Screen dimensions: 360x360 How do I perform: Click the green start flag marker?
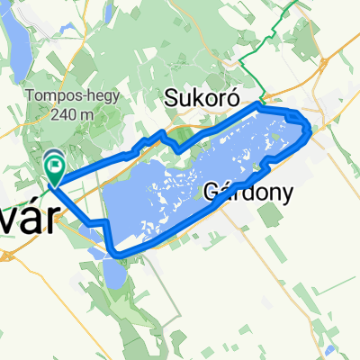[x=55, y=165]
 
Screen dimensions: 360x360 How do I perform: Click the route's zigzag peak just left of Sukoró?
[x=162, y=134]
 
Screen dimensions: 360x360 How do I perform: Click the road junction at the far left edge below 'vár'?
[x=7, y=255]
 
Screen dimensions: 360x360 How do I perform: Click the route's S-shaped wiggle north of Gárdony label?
[x=268, y=163]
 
